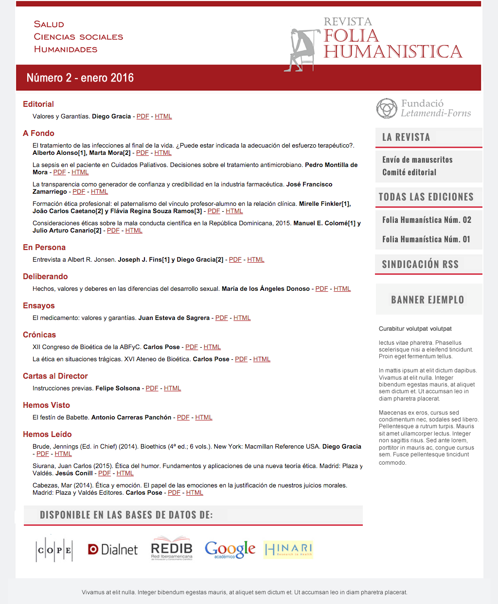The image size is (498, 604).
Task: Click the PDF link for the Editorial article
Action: tap(142, 117)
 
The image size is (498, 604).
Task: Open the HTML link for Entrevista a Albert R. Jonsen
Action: tap(256, 260)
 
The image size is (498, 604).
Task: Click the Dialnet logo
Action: tap(113, 549)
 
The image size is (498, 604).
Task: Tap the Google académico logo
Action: tap(230, 550)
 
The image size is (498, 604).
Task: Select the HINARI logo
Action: tap(288, 550)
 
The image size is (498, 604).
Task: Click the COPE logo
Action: tap(54, 550)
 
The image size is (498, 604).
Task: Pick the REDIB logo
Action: tap(172, 549)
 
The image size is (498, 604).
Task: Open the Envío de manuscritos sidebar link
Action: tap(417, 160)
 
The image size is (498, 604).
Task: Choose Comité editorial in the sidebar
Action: tap(409, 172)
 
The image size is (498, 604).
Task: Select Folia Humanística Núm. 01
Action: tap(426, 239)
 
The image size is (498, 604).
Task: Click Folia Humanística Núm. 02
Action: tap(427, 220)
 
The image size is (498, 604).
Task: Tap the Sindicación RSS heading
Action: tap(420, 264)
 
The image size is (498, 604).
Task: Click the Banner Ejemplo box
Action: tap(428, 300)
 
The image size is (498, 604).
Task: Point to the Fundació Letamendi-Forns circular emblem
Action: tap(387, 108)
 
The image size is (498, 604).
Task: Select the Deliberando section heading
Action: tap(45, 277)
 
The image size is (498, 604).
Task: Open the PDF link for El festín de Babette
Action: tap(183, 418)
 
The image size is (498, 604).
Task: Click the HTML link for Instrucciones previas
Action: tap(172, 388)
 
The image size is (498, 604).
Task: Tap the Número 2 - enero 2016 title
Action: tap(80, 78)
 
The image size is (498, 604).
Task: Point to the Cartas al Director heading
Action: tap(55, 376)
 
